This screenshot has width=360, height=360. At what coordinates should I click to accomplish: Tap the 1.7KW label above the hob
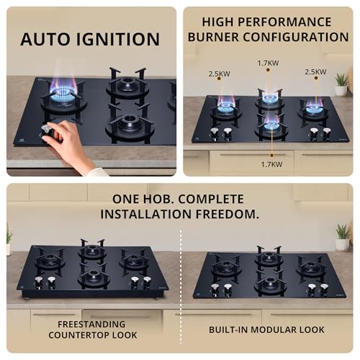(x=268, y=63)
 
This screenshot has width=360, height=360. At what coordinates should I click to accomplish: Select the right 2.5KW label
(x=315, y=72)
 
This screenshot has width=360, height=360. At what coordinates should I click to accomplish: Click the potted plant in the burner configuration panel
(x=341, y=83)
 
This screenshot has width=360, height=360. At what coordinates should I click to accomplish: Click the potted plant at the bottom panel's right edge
(x=343, y=236)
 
